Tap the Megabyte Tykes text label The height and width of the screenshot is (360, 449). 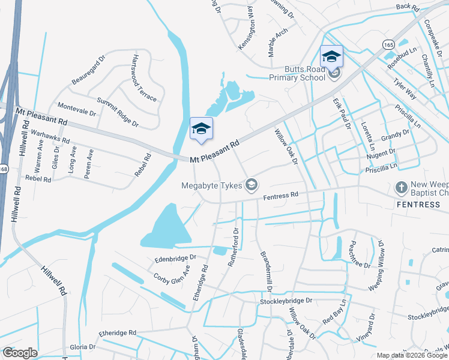212,185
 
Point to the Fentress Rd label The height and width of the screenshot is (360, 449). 281,195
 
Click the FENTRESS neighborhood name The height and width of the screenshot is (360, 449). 418,205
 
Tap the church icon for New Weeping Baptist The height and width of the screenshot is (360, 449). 401,188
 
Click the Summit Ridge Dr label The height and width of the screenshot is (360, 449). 118,113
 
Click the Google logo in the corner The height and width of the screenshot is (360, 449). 20,353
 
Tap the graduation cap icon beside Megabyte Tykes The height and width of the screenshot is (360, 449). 251,184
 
